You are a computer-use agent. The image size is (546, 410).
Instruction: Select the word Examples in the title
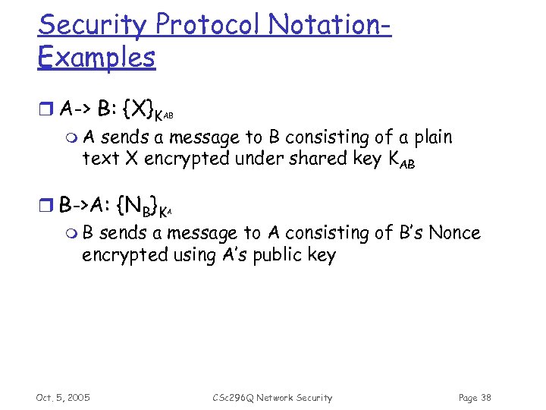[x=96, y=58]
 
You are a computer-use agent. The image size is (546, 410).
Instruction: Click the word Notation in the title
[x=328, y=25]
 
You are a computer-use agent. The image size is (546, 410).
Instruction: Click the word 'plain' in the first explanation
[x=431, y=137]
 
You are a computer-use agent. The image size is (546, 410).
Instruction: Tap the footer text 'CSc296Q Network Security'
[x=272, y=398]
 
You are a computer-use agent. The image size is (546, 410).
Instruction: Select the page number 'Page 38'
[x=475, y=398]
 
